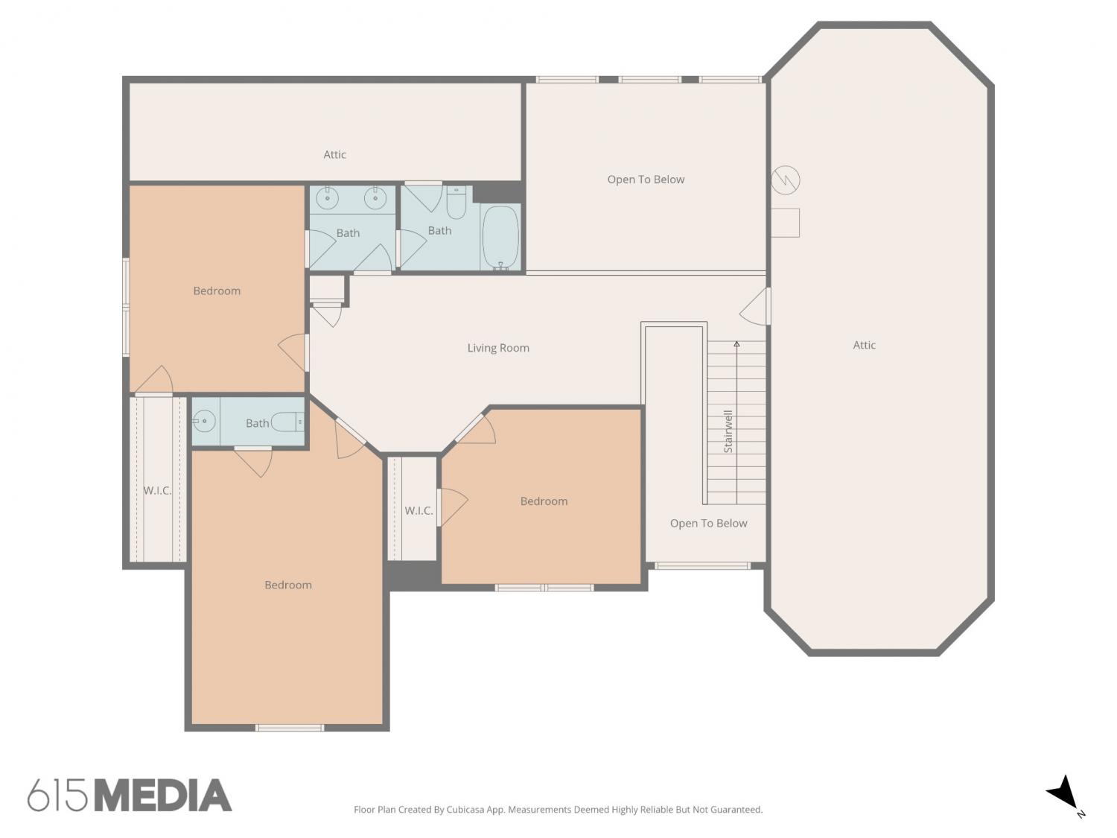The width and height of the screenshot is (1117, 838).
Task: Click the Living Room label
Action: (x=497, y=348)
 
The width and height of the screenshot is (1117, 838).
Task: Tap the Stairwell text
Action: (x=728, y=431)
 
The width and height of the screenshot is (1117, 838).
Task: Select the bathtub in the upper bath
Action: (x=500, y=237)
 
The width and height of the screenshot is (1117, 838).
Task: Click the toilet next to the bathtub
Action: (x=456, y=202)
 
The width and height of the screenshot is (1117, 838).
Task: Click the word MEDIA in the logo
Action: (x=164, y=796)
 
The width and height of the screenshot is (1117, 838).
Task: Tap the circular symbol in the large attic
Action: (x=785, y=180)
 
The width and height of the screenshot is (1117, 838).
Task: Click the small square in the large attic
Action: (x=785, y=222)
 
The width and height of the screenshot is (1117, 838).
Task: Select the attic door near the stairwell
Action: (x=755, y=306)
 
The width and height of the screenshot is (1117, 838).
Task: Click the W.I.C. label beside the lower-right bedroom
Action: (x=419, y=510)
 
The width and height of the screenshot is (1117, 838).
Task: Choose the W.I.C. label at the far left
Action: (x=157, y=490)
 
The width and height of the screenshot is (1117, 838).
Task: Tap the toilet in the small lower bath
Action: (x=287, y=422)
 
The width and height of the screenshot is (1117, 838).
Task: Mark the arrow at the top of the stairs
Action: (x=736, y=344)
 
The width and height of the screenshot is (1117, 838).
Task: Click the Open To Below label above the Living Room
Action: (x=646, y=180)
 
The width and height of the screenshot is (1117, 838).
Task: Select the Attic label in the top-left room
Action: (x=335, y=155)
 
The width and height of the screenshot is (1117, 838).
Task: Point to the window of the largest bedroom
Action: (x=289, y=728)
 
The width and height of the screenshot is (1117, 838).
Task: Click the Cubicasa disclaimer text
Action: (x=558, y=810)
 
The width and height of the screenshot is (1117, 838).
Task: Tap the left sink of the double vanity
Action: (x=327, y=198)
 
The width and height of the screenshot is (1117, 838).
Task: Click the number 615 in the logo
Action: (x=57, y=796)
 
